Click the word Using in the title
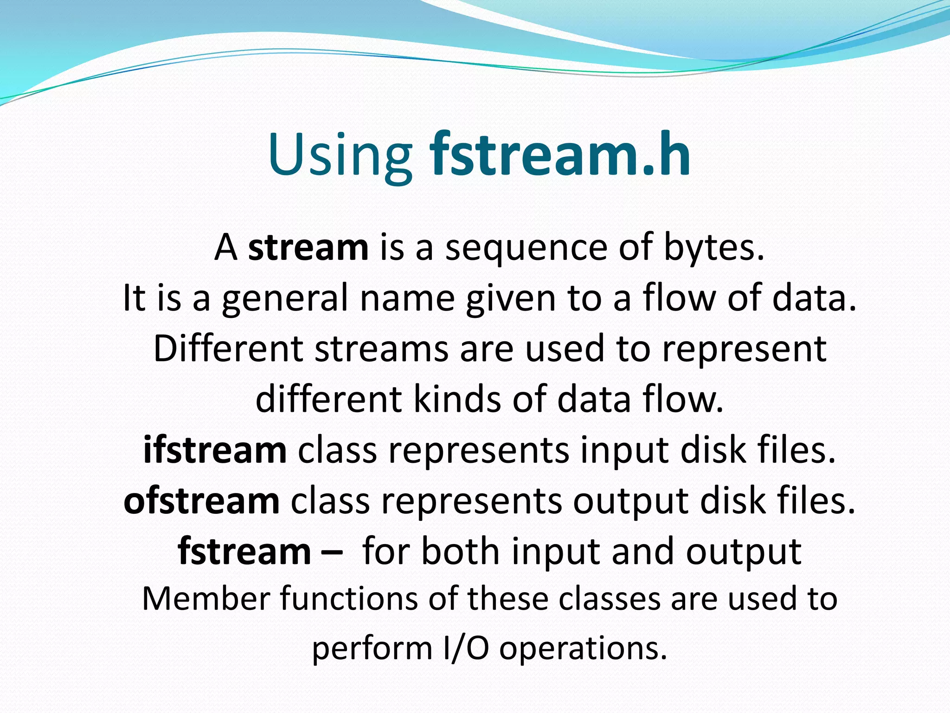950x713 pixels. point(340,156)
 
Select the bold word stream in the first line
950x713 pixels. point(308,247)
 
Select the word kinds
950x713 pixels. point(457,399)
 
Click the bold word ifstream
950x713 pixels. point(215,450)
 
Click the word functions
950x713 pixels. point(348,599)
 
